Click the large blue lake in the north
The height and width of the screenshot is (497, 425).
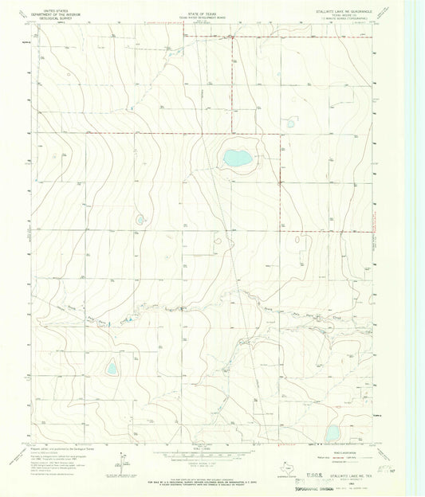tap(238, 158)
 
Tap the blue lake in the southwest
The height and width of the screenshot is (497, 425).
tap(112, 368)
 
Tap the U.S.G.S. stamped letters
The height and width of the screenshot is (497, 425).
tap(317, 472)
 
